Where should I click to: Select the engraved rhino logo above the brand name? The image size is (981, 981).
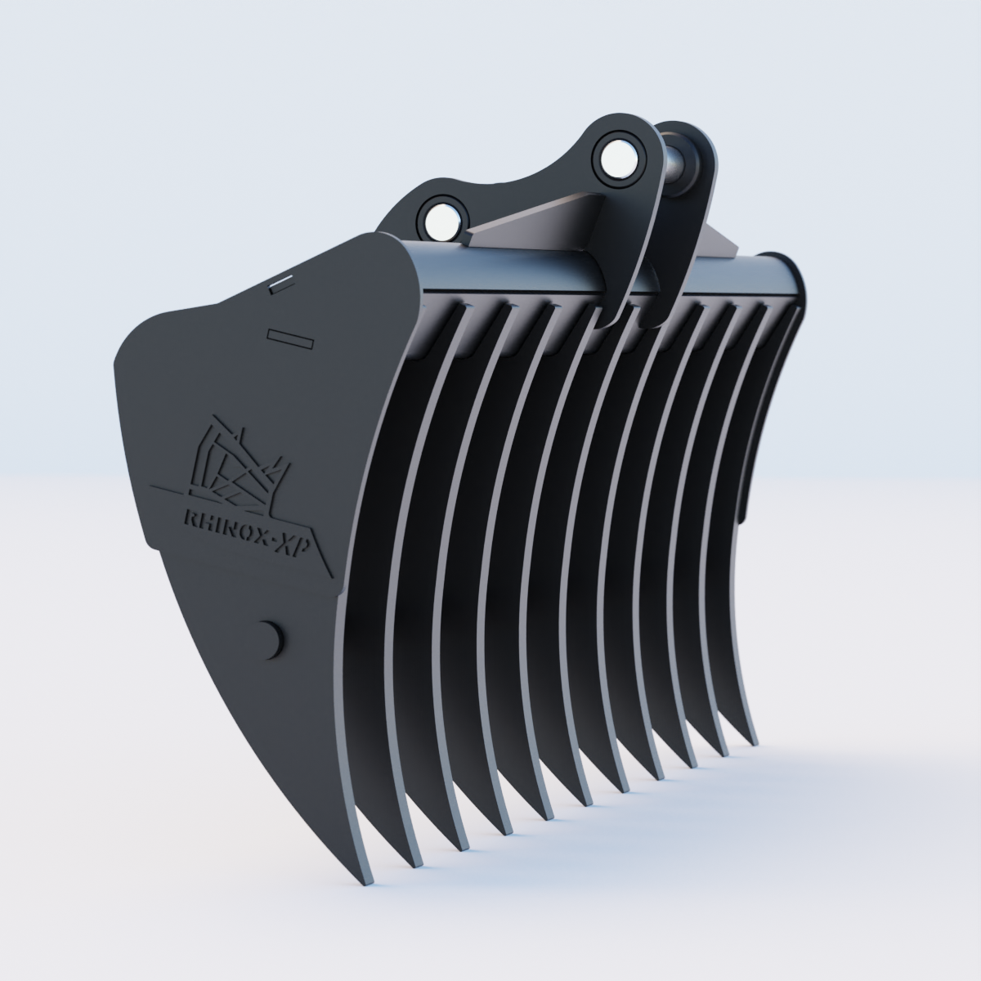click(237, 463)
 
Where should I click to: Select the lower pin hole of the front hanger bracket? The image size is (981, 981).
click(441, 217)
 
